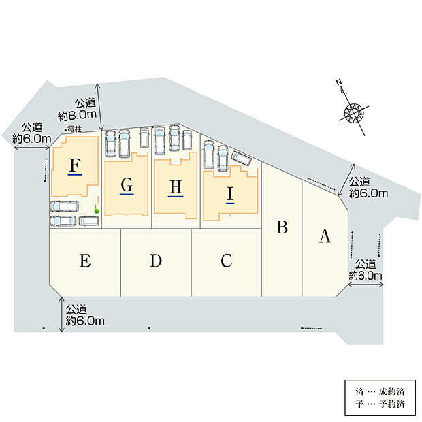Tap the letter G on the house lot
point(127,184)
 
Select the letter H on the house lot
point(176,186)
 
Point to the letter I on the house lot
point(230,194)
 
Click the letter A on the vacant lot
point(325,236)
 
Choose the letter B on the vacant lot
point(282,227)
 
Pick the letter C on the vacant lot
point(227,260)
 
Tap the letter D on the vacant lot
point(156,261)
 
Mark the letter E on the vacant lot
point(85,261)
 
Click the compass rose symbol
point(354,112)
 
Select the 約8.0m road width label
point(77,115)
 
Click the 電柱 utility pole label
point(74,129)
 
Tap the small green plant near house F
point(97,209)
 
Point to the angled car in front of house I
point(242,159)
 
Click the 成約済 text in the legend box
point(392,392)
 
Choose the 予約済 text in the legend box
point(392,404)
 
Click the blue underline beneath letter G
point(127,194)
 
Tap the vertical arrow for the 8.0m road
point(99,107)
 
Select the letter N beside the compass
point(338,82)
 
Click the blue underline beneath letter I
point(230,203)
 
